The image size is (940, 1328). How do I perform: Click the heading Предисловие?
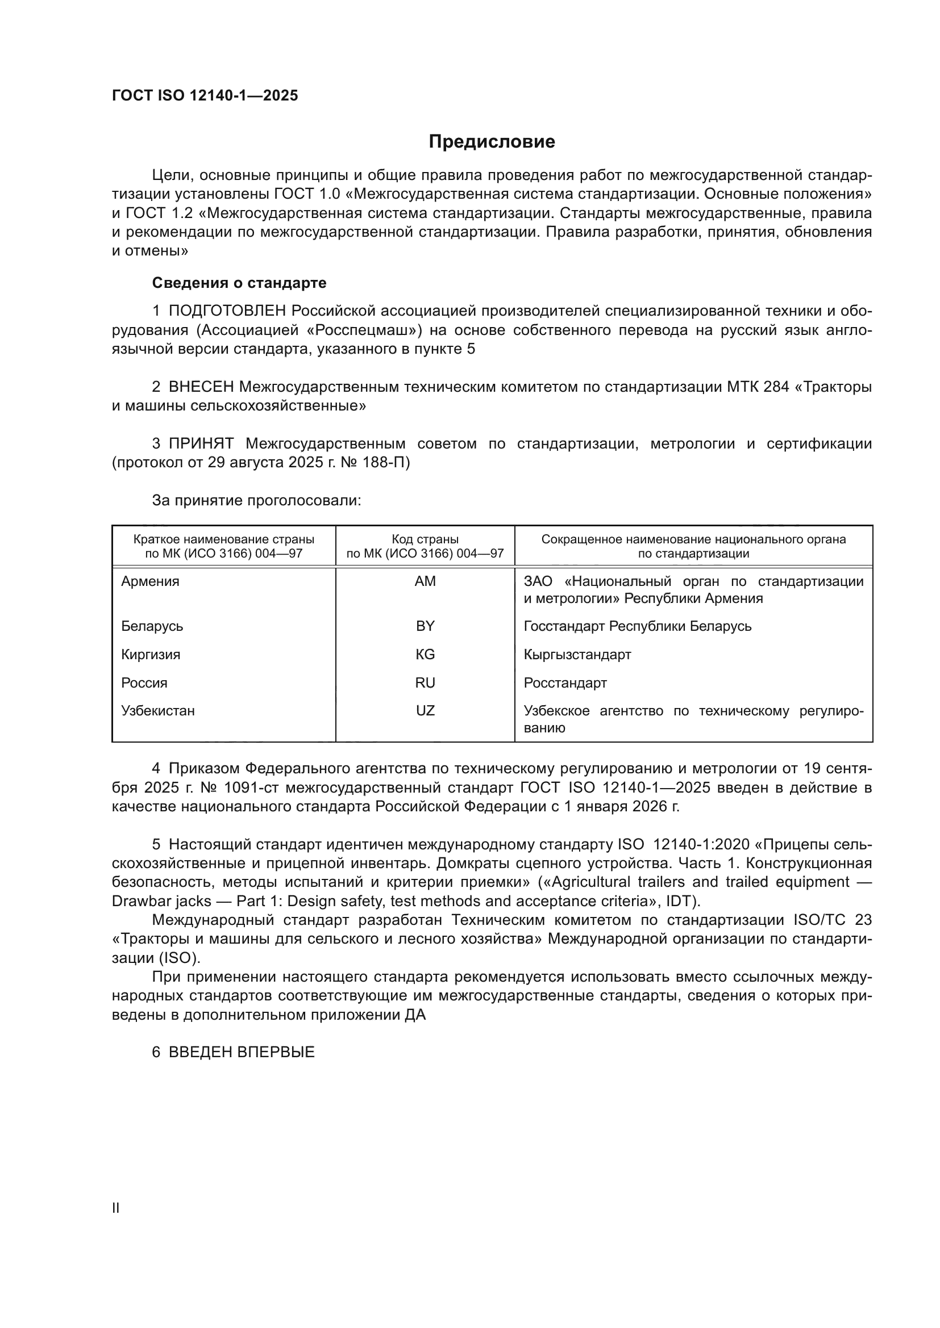pos(492,142)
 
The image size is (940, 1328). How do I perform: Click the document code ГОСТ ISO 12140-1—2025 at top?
pos(205,96)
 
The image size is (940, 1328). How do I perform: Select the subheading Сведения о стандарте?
pos(239,283)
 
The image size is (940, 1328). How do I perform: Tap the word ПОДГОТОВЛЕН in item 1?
pos(227,311)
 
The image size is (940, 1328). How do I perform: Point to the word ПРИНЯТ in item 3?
pos(201,443)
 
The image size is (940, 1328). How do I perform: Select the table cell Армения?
pos(150,581)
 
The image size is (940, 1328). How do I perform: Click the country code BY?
pos(425,626)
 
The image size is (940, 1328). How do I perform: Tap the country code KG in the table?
pos(425,654)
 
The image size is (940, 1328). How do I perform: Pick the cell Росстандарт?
pos(565,682)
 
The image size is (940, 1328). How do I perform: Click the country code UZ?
pos(425,710)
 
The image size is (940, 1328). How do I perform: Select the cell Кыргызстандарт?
pos(577,654)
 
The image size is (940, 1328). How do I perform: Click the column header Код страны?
pos(425,539)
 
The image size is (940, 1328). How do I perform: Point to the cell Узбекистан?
pos(158,710)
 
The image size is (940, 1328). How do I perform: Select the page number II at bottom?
pos(116,1208)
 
